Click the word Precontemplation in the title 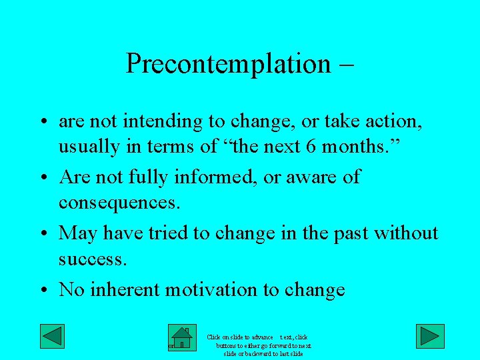point(227,64)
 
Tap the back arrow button point(52,336)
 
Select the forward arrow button point(430,336)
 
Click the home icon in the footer point(181,339)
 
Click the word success point(92,259)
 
